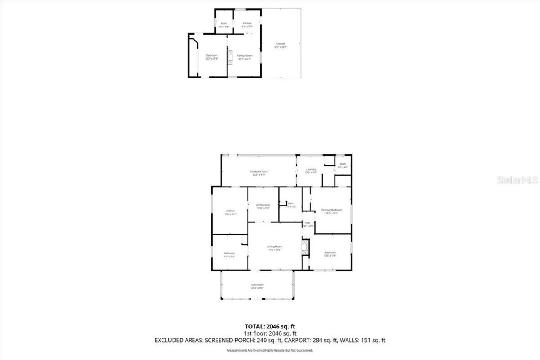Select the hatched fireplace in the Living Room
305,247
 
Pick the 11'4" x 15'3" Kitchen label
230,212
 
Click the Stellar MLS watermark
518,180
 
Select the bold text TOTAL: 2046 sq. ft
270,326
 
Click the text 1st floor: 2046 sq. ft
270,333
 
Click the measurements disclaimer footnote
270,351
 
